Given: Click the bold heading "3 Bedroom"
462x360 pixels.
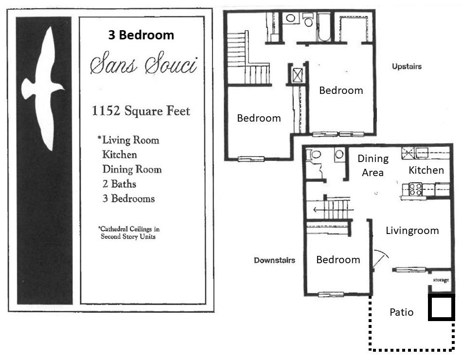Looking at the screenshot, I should [x=141, y=35].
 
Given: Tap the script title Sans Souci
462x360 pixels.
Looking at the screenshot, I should [x=143, y=64].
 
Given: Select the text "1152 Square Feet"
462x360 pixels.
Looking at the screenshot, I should [x=141, y=111].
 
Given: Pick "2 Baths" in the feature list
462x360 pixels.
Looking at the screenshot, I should [x=119, y=184].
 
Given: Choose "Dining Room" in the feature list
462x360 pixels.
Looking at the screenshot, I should [x=132, y=169].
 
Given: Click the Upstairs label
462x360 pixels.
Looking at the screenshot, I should [x=407, y=66].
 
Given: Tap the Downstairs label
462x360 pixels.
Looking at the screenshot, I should [x=274, y=260].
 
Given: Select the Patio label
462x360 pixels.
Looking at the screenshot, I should [x=402, y=312].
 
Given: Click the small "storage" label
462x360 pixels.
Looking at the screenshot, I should [x=441, y=280].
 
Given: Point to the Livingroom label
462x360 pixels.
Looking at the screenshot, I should [x=412, y=231].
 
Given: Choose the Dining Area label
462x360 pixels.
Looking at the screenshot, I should [x=373, y=165].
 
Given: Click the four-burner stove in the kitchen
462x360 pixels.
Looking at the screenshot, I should [x=415, y=189].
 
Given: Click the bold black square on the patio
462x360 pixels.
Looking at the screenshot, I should [x=442, y=307].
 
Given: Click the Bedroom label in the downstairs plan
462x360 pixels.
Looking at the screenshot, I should [x=338, y=260].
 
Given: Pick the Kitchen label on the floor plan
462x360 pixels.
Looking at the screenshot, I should [x=426, y=170].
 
